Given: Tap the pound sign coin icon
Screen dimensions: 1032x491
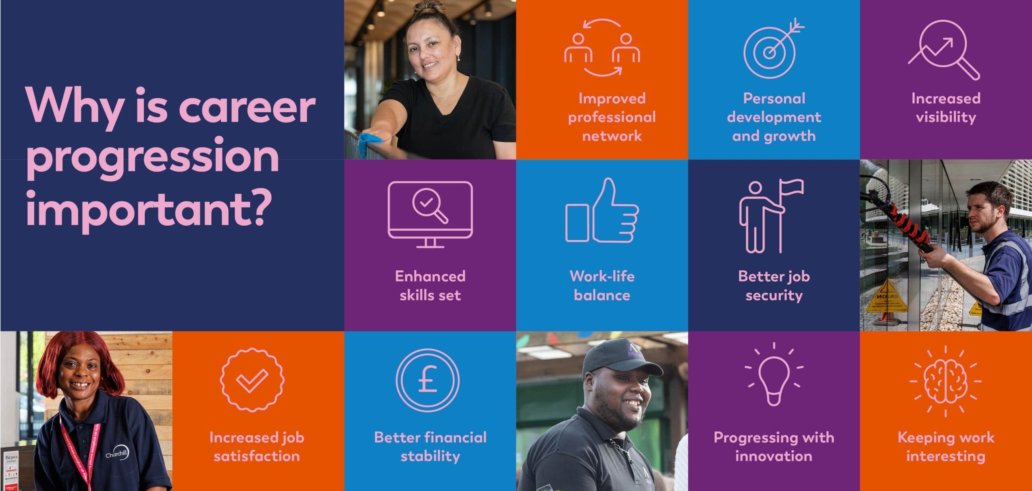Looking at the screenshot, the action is click(427, 380).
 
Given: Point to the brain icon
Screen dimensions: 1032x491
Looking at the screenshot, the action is click(945, 381).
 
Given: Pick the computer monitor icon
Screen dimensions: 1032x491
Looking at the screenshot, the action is click(430, 215).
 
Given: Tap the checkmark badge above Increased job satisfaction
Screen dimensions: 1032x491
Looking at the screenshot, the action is click(252, 380).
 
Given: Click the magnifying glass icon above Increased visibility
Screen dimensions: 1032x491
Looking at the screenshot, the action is click(944, 50).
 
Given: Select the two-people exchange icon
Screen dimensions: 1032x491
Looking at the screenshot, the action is click(602, 48).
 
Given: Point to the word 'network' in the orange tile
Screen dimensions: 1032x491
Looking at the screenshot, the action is click(612, 136).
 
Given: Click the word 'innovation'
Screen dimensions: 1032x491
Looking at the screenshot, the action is click(774, 456).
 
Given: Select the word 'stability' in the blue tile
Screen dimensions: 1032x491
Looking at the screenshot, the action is click(430, 456).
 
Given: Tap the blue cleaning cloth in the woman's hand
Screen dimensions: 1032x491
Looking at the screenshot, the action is click(370, 144).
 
